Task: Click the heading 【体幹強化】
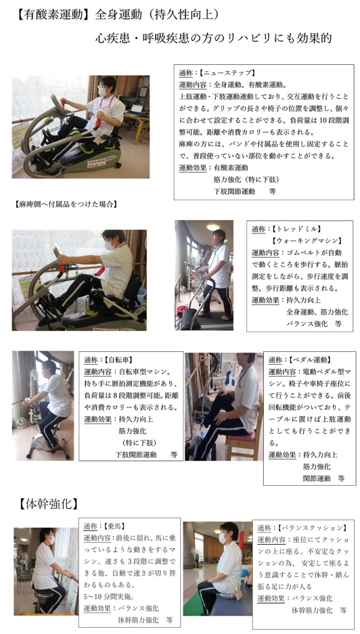pos(47,504)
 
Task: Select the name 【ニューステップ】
pos(228,73)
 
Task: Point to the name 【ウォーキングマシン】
pos(308,241)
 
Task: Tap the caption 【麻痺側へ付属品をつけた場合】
pos(65,204)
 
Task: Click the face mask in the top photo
pos(103,92)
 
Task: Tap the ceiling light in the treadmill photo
pos(212,227)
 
